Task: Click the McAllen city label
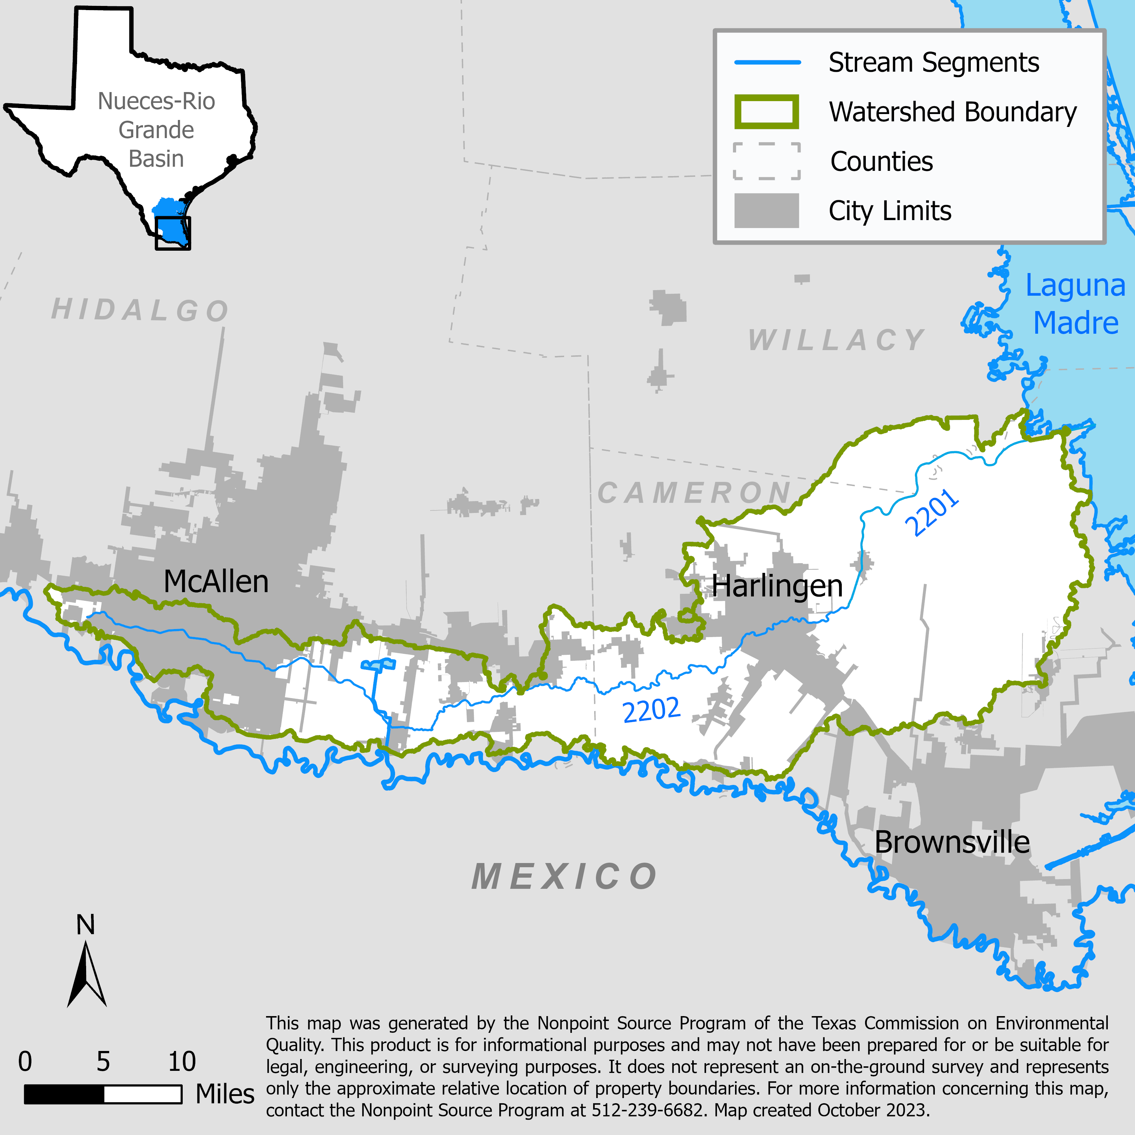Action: tap(215, 582)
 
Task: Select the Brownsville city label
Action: tap(952, 842)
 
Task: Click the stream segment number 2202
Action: tap(651, 710)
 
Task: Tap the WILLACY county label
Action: tap(836, 340)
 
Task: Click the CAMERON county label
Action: tap(694, 492)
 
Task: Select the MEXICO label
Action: tap(564, 877)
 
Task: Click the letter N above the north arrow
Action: tap(86, 925)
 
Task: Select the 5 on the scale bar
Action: tap(104, 1061)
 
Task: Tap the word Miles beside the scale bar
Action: tap(225, 1094)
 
